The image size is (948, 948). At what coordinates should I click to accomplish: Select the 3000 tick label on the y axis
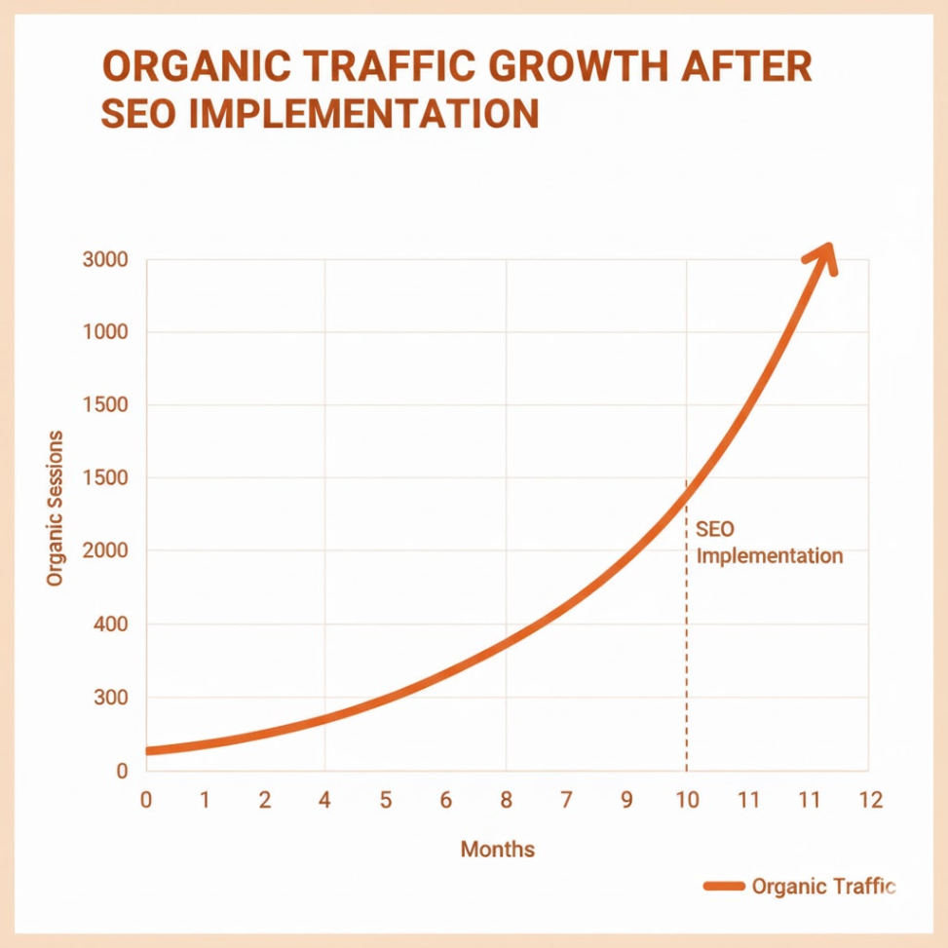tap(105, 260)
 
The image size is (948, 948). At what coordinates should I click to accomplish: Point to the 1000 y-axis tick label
tap(105, 332)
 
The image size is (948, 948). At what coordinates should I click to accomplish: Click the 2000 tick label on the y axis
tap(105, 551)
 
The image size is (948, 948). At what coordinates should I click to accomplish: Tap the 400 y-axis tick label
tap(111, 625)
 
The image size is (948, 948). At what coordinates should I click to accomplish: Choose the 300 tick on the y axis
tap(111, 698)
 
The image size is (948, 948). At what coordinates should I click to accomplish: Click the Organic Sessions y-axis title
tap(56, 508)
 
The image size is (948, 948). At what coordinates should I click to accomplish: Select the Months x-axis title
tap(498, 849)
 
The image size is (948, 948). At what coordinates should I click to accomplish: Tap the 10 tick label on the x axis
tap(687, 801)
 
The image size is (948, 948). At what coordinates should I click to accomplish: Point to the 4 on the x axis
tap(324, 801)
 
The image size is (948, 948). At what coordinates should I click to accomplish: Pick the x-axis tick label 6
tap(445, 801)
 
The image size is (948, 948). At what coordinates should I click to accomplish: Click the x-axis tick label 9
tap(626, 801)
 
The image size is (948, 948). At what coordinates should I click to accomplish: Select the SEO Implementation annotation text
tap(769, 544)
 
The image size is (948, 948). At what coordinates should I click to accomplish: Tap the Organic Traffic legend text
tap(822, 887)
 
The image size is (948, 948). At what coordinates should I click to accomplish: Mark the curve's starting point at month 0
tap(148, 751)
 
